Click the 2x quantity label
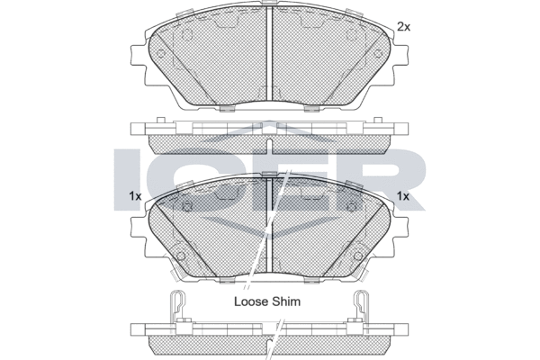403,26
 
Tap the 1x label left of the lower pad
135,196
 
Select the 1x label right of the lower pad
403,196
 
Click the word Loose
251,301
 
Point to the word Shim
286,301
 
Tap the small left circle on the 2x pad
161,54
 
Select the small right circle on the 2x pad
379,54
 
